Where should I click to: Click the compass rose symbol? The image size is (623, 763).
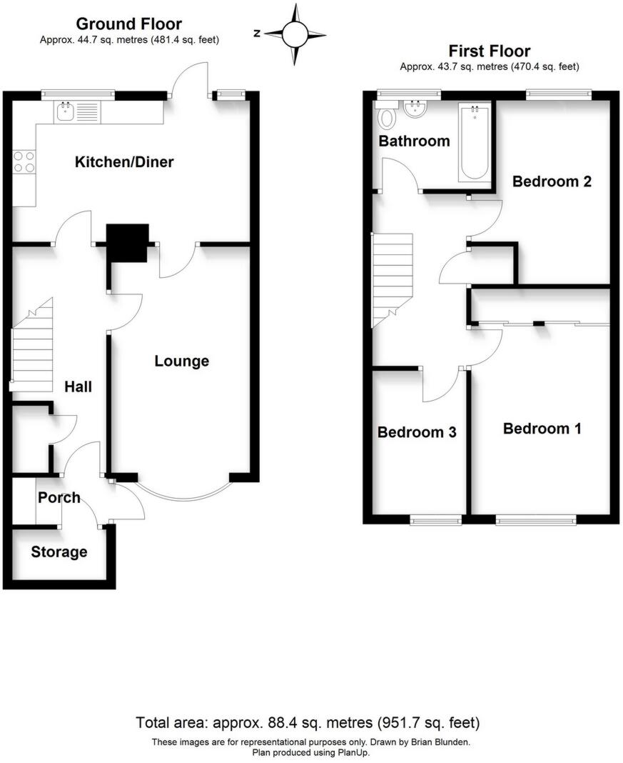295,34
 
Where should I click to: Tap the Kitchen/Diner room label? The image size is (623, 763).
124,162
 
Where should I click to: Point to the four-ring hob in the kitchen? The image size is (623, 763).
24,162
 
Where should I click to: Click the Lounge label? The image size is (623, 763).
182,361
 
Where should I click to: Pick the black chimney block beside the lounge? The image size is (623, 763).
128,242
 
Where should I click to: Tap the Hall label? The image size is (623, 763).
78,387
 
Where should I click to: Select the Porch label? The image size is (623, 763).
59,497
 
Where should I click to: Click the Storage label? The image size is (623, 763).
59,552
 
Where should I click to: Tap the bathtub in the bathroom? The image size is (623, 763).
475,143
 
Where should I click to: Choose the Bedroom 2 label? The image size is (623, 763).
552,181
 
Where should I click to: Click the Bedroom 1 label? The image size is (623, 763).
542,429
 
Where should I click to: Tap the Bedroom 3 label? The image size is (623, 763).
417,432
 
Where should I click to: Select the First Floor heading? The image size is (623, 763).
489,51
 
